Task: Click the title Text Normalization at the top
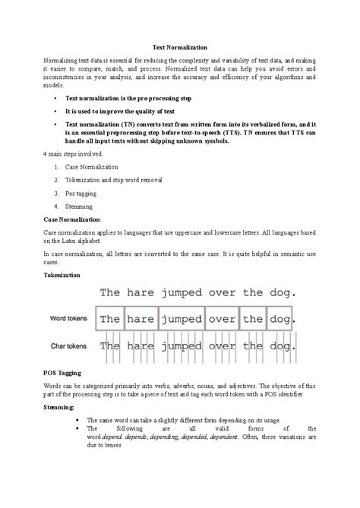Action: (x=180, y=47)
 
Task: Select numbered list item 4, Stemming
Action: (x=79, y=206)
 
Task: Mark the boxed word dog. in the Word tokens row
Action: (x=280, y=319)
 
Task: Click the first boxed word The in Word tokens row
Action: (x=110, y=319)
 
